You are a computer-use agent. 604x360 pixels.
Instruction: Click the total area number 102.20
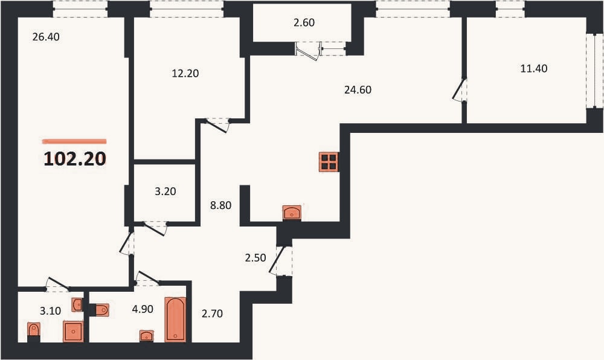(75, 159)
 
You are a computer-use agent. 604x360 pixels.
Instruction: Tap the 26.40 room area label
(47, 37)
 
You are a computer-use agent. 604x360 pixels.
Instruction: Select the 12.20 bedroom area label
(185, 73)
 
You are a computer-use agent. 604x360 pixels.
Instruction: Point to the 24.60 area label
(358, 90)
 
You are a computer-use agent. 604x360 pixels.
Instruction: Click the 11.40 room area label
(534, 68)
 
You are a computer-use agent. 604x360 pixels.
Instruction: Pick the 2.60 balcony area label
(304, 23)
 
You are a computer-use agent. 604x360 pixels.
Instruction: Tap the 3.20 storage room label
(165, 191)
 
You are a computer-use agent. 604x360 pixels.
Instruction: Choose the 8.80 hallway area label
(220, 205)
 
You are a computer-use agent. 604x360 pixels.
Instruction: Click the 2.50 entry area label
(255, 257)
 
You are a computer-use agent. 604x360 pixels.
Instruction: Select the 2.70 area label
(212, 314)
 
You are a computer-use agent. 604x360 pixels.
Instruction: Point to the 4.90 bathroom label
(143, 309)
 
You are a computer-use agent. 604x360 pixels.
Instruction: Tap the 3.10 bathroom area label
(51, 310)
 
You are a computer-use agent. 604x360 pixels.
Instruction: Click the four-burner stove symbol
(329, 162)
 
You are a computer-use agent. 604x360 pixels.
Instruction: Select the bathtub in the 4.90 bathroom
(175, 319)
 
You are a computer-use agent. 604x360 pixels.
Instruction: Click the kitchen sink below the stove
(292, 213)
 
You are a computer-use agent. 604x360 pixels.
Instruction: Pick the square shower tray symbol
(73, 332)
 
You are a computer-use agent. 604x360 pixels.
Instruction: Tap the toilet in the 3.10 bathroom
(34, 330)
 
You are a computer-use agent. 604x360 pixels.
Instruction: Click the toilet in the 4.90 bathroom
(101, 310)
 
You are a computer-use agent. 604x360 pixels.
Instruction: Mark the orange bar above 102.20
(74, 141)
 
